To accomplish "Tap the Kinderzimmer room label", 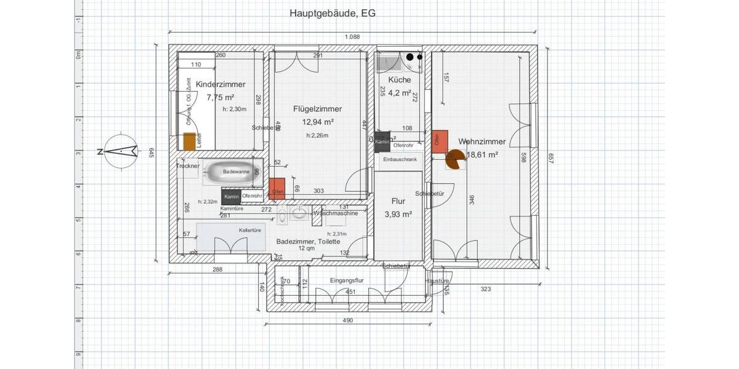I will click(220, 84).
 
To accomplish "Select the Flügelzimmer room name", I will click(317, 109).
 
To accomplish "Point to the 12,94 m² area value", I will click(318, 122).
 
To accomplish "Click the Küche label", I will click(399, 80).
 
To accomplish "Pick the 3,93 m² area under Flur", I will click(398, 214).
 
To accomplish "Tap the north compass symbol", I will click(121, 151).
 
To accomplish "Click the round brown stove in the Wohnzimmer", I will click(454, 160).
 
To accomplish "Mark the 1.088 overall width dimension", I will click(353, 37).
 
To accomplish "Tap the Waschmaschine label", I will click(336, 213).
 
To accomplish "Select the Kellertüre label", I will click(249, 230).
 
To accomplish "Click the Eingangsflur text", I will click(348, 280).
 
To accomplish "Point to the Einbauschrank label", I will click(400, 159).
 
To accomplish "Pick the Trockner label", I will click(187, 166).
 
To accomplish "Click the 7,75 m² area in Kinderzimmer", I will click(220, 97).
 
